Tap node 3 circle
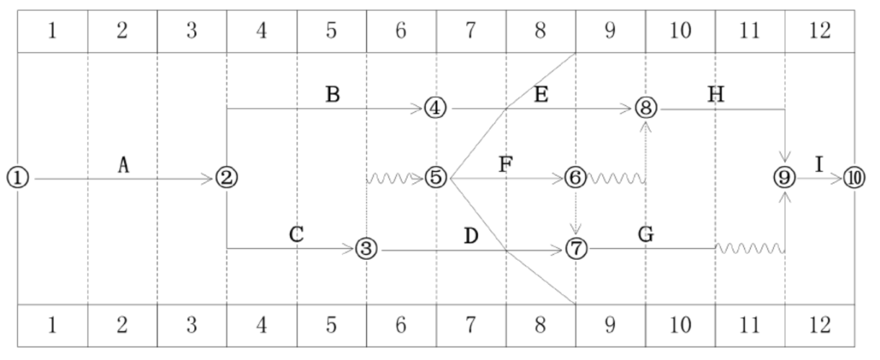point(366,249)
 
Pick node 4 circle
point(435,108)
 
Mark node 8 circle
point(646,108)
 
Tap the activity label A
point(123,165)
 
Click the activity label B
point(332,95)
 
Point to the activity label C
point(296,234)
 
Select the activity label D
point(471,235)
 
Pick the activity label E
point(540,95)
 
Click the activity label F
point(506,164)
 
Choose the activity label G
point(646,234)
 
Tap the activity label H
point(716,95)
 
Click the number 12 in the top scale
point(820,31)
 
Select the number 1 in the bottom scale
point(53,325)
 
